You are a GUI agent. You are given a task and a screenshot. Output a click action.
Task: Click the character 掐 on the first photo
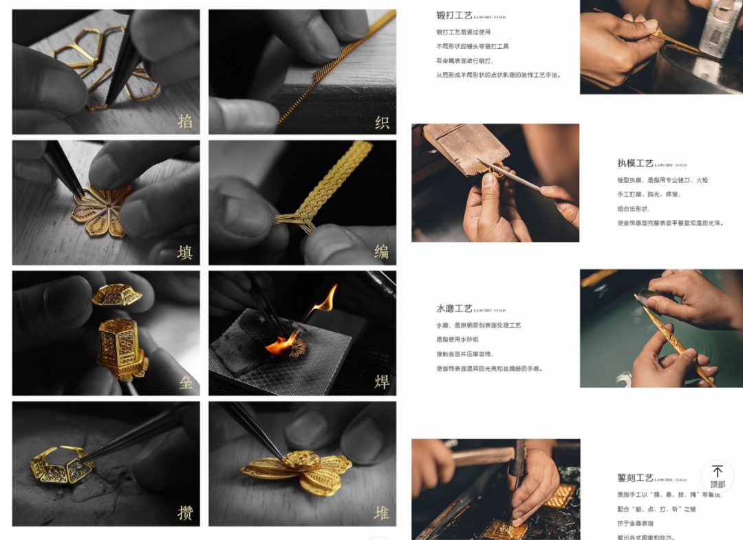coord(184,122)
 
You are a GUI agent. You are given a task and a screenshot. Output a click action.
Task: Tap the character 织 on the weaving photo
coord(382,122)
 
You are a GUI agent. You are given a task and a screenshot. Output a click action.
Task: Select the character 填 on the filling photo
coord(184,252)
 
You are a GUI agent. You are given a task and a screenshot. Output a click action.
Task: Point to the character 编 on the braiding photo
coord(382,252)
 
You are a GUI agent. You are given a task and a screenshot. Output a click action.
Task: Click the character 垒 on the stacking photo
coord(185,383)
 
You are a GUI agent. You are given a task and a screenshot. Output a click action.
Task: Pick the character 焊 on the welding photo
coord(382,382)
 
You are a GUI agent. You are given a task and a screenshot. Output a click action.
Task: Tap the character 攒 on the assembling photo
coord(184,513)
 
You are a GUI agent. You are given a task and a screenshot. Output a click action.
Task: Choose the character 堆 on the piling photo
coord(382,513)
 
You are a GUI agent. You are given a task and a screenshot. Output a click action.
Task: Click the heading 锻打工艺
coord(454,15)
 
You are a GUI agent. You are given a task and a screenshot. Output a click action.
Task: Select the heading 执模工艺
coord(635,164)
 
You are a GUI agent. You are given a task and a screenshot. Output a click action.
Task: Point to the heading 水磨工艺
coord(454,308)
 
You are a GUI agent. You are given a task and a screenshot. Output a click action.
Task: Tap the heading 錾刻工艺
coord(635,477)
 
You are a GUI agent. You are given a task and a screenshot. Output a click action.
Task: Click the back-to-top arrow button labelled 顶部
coord(717,476)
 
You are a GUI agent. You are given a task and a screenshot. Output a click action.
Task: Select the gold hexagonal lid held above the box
coord(117,295)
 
